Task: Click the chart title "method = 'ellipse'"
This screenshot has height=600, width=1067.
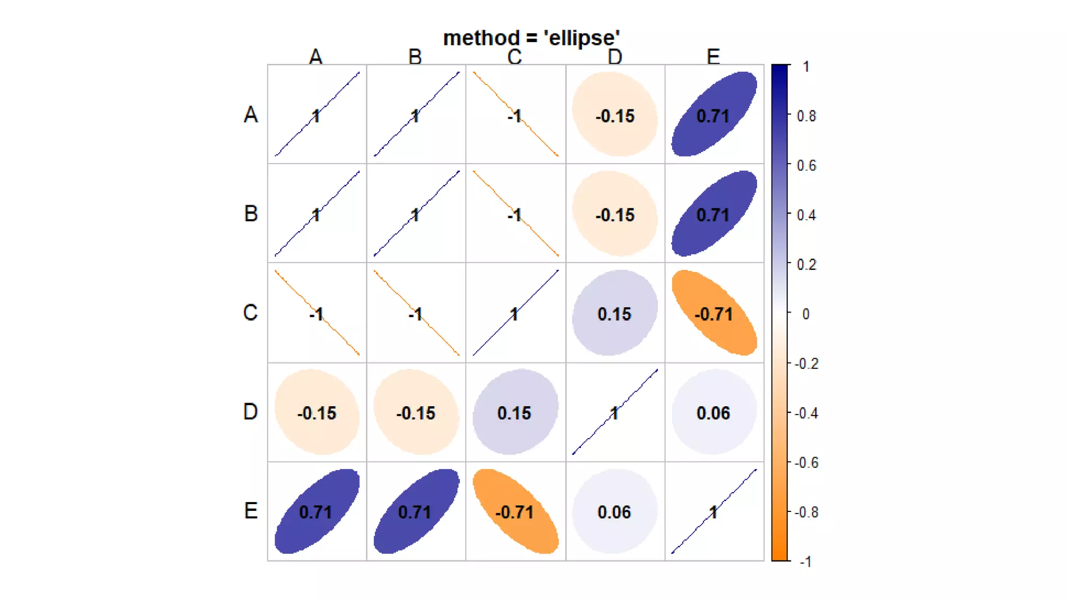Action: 531,39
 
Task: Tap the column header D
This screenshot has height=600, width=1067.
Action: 615,57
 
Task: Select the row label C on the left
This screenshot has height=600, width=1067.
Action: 250,312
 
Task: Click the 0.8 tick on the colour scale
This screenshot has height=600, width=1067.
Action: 806,116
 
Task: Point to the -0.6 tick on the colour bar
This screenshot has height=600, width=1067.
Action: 806,463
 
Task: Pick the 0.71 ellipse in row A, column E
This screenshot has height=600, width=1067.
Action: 714,115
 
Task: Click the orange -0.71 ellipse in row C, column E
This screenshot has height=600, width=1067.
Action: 714,313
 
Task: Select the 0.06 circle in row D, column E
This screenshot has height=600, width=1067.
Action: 714,413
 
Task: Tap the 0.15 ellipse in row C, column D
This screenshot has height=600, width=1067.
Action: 615,313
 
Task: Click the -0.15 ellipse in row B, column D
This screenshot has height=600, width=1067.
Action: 615,214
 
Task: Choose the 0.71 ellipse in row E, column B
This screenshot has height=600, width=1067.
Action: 416,511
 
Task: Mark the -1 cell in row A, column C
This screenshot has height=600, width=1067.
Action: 515,115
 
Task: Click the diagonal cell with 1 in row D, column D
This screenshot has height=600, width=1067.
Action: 615,413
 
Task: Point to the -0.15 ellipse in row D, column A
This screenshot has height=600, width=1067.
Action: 317,413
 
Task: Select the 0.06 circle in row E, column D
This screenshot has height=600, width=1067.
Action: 615,511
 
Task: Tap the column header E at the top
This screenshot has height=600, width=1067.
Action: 713,57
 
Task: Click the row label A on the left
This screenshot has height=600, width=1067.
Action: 251,115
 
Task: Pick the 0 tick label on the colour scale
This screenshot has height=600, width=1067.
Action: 805,314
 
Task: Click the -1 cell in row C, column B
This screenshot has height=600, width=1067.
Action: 416,313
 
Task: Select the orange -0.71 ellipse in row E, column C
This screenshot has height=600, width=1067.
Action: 515,511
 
